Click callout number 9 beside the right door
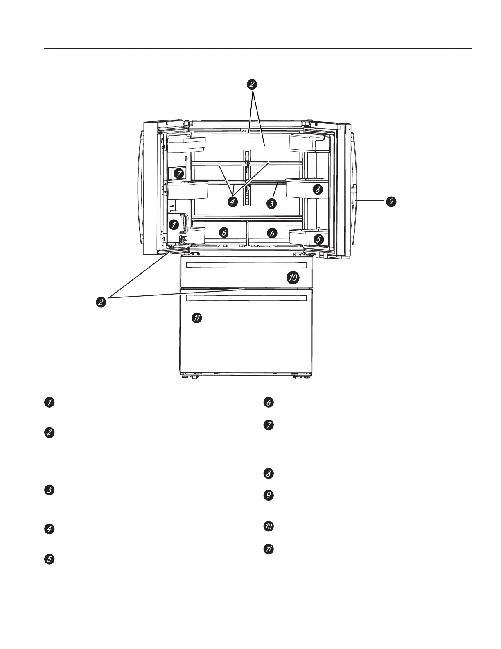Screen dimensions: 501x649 click(x=391, y=201)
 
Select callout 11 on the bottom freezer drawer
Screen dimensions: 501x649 click(x=197, y=318)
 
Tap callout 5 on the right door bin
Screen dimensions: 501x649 click(x=318, y=239)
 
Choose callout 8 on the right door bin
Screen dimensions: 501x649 click(x=317, y=189)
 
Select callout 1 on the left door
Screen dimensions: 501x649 click(x=174, y=224)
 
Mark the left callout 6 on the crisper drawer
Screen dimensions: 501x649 click(x=223, y=233)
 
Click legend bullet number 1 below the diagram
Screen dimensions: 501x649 click(x=49, y=402)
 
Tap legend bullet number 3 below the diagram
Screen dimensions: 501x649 click(x=49, y=490)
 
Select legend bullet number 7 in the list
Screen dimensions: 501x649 click(x=269, y=425)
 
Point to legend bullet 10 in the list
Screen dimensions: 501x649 click(x=269, y=526)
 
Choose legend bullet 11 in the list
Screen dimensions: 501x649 click(x=269, y=549)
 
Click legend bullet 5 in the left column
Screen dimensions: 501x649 click(x=49, y=560)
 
